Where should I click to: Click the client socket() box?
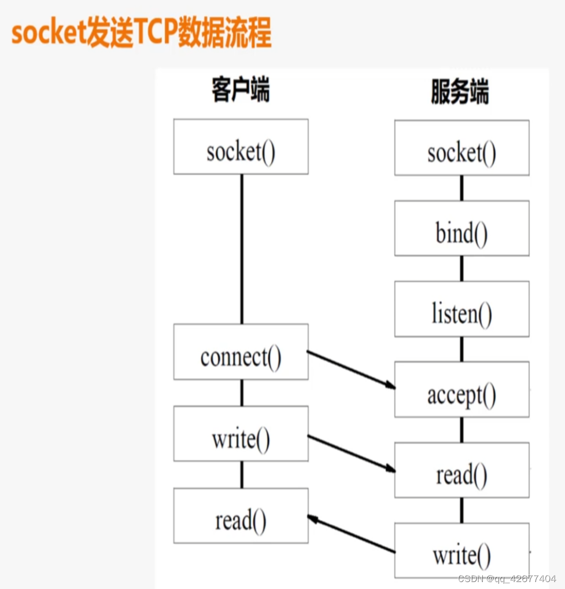[241, 147]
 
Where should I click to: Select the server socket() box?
[461, 148]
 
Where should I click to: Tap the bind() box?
[461, 228]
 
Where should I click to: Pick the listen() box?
[461, 309]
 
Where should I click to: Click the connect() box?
[241, 352]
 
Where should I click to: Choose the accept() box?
[461, 389]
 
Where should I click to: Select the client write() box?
[241, 434]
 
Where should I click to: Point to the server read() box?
[461, 470]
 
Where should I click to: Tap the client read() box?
[241, 515]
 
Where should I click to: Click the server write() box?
[461, 550]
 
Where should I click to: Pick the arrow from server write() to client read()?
[351, 535]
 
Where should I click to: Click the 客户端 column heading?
[241, 91]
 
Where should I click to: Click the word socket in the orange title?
[49, 34]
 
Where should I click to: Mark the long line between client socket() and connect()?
[242, 249]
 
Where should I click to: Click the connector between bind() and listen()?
[461, 268]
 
